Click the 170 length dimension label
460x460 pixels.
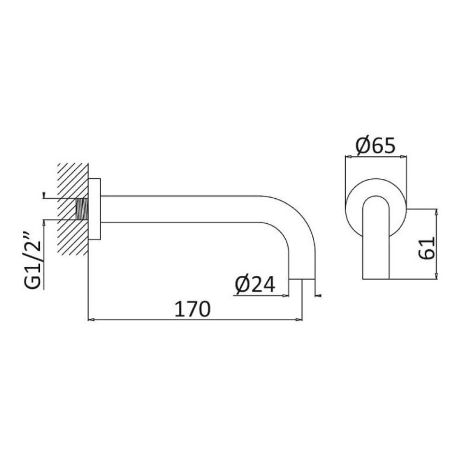[x=193, y=308]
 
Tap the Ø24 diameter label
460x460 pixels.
[x=255, y=284]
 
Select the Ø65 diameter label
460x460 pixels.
[x=376, y=146]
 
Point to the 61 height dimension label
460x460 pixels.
[x=426, y=248]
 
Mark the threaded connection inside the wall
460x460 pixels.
[x=82, y=209]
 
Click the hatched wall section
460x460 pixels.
[x=73, y=209]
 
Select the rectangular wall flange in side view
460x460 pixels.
[x=94, y=209]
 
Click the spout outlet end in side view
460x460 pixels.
[x=302, y=279]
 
